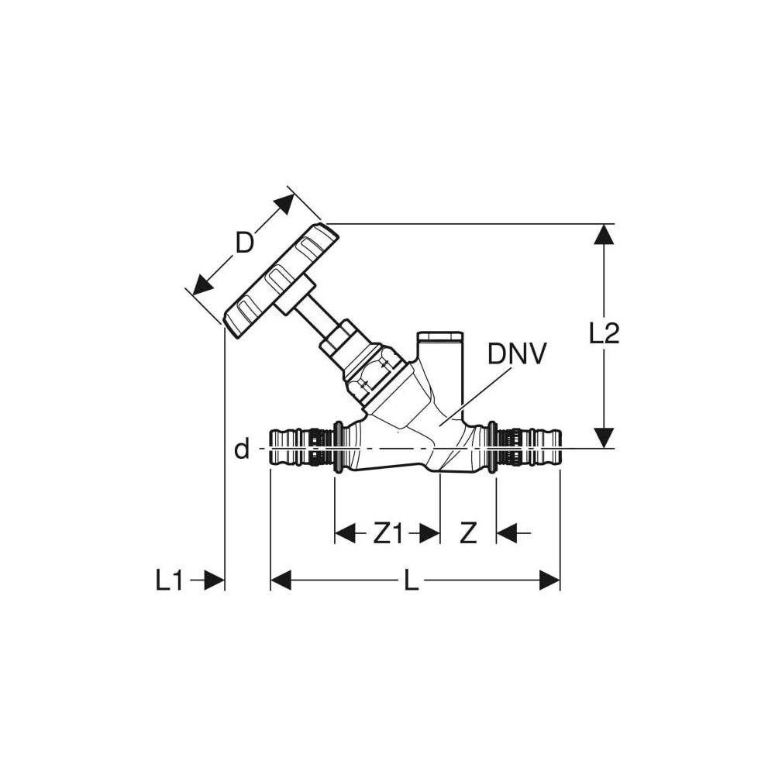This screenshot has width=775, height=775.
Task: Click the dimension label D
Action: (x=244, y=243)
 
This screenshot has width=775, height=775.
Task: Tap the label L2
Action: (x=604, y=333)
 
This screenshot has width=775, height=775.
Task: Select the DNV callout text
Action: (x=517, y=354)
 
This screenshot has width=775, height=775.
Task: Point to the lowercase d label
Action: (x=242, y=449)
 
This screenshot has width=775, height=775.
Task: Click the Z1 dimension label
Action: (x=388, y=533)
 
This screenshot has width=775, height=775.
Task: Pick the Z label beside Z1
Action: (x=467, y=533)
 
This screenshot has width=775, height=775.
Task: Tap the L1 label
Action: (x=169, y=580)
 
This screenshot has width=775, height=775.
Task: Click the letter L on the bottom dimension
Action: (x=411, y=580)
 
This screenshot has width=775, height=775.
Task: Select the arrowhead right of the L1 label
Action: (x=214, y=580)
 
